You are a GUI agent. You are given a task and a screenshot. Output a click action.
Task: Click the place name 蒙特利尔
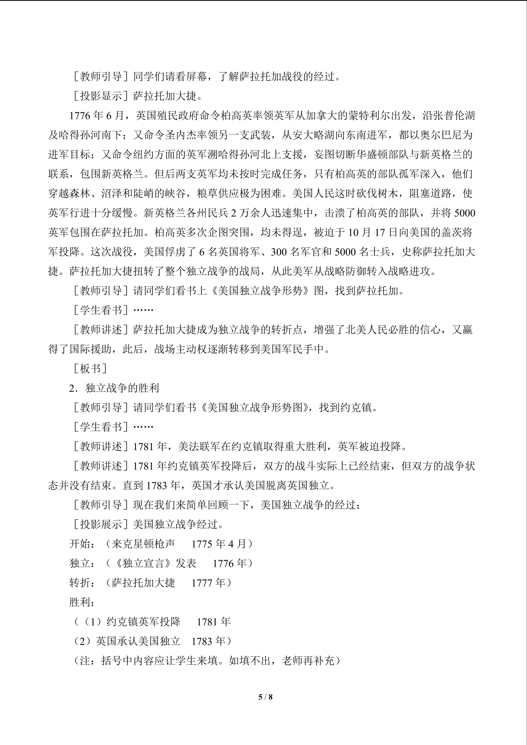click(369, 116)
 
